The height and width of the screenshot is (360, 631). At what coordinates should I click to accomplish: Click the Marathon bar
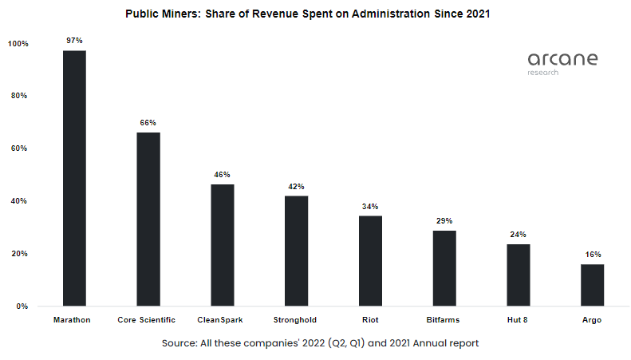74,178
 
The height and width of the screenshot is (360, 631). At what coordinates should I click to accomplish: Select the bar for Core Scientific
148,219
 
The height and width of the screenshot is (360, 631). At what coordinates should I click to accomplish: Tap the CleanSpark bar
223,245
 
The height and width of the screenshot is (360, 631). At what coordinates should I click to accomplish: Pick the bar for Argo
592,285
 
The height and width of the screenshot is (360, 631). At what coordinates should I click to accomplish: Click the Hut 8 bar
518,275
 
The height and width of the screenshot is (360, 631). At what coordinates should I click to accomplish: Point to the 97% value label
74,39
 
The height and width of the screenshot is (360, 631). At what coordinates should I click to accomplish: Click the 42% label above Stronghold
297,187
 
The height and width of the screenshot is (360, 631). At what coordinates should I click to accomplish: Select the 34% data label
370,206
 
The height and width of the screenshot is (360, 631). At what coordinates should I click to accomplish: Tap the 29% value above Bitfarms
444,220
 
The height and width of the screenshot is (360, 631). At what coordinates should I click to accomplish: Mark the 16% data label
592,255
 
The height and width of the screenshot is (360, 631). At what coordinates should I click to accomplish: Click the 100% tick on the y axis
18,43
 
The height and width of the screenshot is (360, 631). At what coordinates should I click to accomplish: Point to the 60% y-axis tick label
19,148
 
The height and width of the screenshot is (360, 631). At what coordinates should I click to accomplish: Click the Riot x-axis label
370,320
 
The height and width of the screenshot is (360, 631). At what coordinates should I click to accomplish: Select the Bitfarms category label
444,320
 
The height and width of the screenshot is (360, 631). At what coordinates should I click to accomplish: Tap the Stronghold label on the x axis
297,320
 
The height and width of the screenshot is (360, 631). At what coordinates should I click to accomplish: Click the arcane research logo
562,63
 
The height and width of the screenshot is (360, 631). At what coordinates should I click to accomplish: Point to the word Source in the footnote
181,342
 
